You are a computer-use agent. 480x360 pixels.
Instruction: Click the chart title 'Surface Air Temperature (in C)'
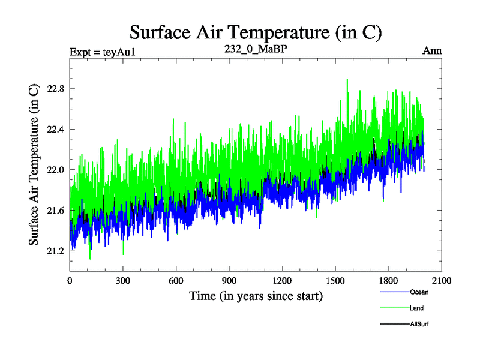point(256,31)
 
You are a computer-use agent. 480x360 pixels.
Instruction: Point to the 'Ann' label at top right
point(433,50)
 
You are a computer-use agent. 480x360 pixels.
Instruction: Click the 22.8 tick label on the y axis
point(55,89)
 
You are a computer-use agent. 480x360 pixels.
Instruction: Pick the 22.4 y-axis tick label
point(55,129)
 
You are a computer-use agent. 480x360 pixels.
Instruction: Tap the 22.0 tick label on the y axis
point(55,170)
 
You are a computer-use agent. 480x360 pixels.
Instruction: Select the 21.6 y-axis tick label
point(55,210)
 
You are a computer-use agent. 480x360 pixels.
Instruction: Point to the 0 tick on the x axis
point(70,280)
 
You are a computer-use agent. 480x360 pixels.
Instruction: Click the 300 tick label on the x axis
point(123,280)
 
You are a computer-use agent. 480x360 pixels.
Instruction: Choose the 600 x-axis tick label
point(176,280)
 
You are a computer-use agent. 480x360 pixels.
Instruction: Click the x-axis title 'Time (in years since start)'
point(256,296)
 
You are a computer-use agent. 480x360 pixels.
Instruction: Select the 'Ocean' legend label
point(419,292)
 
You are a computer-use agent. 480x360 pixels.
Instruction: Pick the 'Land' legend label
point(417,308)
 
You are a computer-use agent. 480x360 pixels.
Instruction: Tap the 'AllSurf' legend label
point(419,324)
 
